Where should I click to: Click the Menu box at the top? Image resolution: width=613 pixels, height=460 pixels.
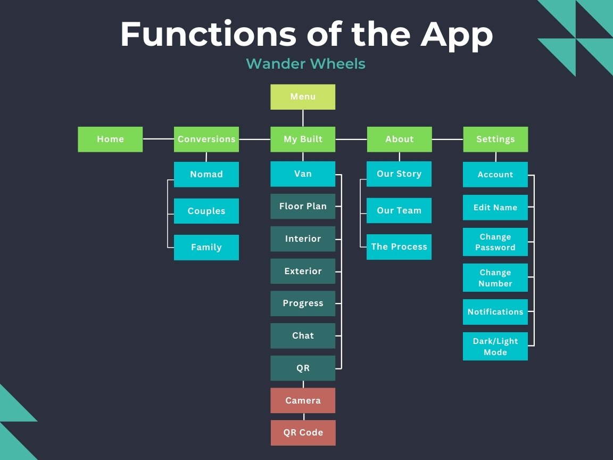click(303, 96)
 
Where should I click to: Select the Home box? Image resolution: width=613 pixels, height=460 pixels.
click(110, 139)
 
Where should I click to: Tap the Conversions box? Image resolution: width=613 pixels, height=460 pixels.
click(206, 139)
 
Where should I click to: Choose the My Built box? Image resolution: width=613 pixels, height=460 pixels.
click(303, 139)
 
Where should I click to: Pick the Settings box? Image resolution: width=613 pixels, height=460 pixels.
click(495, 139)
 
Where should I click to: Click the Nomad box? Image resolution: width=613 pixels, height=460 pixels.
click(206, 175)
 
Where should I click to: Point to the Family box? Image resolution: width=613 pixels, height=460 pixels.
click(206, 247)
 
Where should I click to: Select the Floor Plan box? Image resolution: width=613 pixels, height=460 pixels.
click(303, 206)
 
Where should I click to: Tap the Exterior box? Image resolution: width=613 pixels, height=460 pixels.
click(303, 271)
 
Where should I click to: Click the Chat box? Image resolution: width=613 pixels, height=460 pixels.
click(303, 335)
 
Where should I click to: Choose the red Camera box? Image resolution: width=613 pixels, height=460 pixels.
click(303, 400)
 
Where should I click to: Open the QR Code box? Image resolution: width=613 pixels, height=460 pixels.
click(303, 433)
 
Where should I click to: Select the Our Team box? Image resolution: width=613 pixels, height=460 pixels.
click(399, 210)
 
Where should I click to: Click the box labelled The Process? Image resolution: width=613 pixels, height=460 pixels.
click(399, 247)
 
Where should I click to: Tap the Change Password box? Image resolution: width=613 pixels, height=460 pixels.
click(495, 242)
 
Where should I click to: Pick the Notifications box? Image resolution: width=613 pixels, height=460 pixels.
click(495, 312)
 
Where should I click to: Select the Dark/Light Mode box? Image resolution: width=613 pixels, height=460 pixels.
click(495, 346)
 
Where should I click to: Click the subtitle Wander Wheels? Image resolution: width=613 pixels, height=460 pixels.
click(306, 64)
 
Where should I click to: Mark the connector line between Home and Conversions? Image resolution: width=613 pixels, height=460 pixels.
click(159, 139)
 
